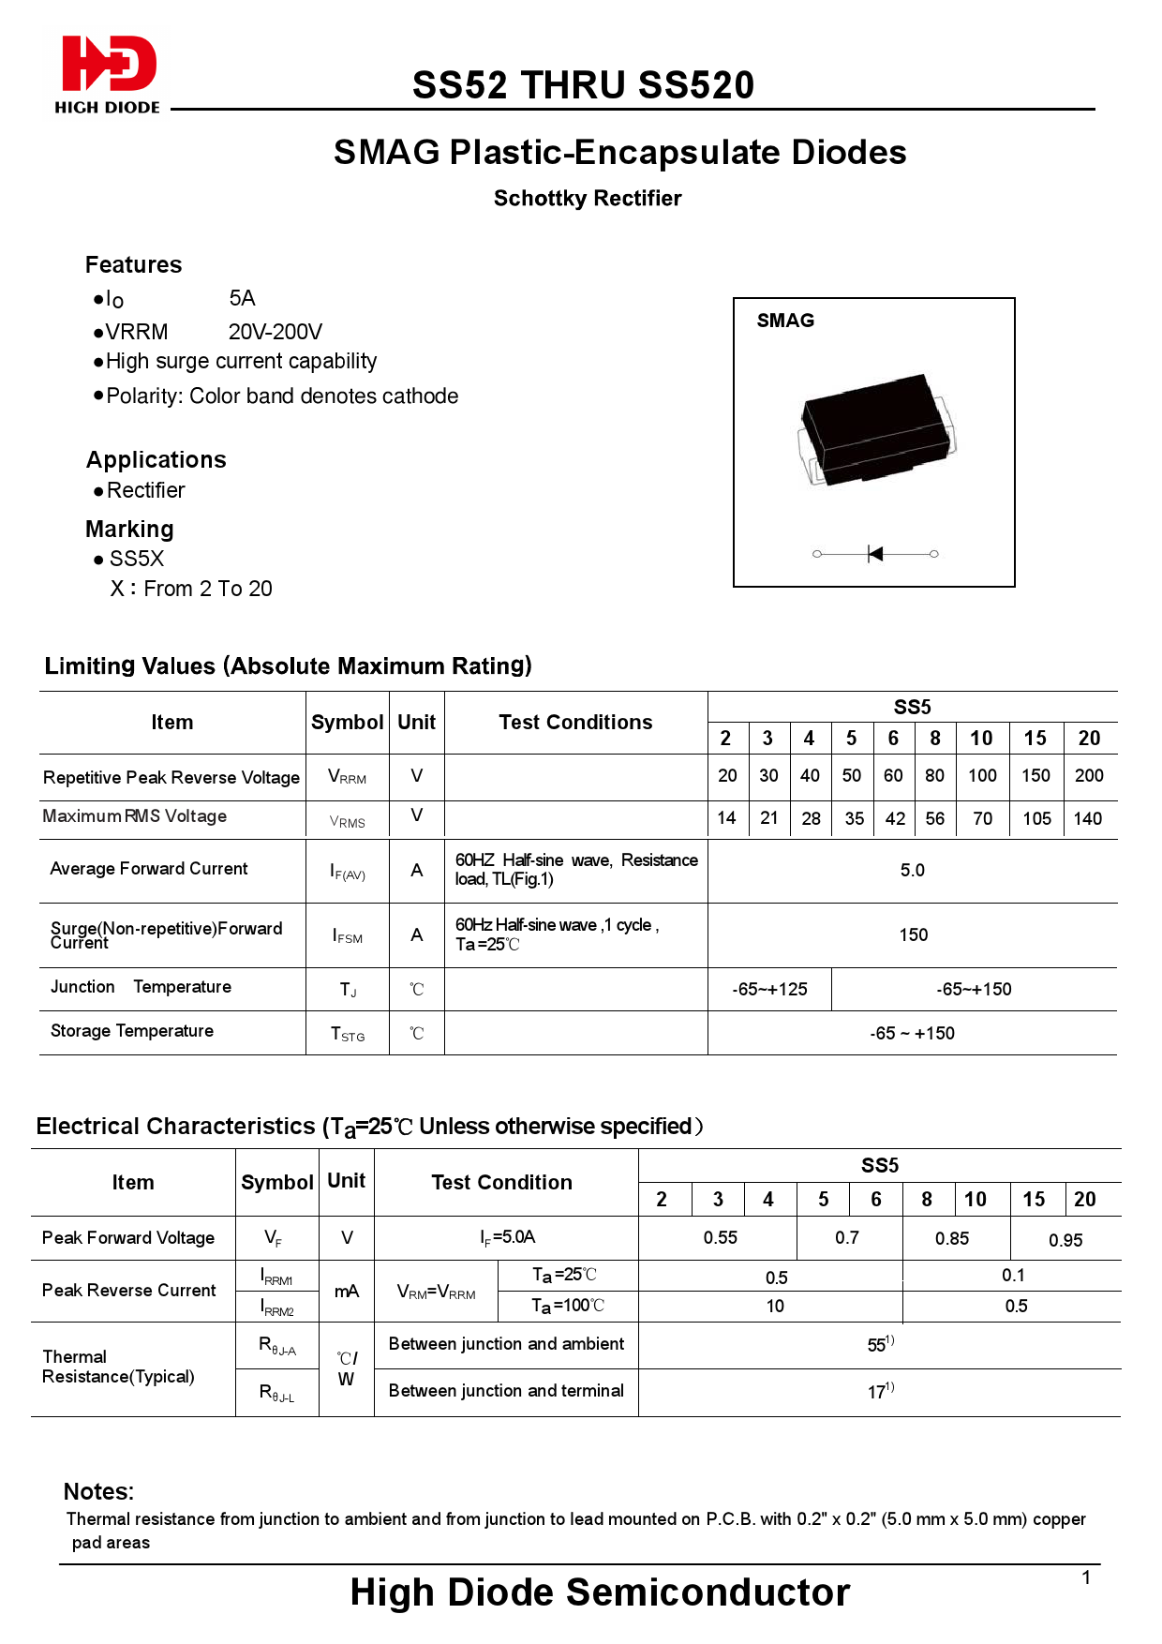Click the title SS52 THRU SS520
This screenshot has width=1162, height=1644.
pyautogui.click(x=583, y=85)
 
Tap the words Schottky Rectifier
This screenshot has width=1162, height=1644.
pyautogui.click(x=588, y=199)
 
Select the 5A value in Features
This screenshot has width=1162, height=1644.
pyautogui.click(x=242, y=298)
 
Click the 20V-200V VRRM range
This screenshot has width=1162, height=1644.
pyautogui.click(x=276, y=332)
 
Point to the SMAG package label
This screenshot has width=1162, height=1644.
pyautogui.click(x=785, y=321)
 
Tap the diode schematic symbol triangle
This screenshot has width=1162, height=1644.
pyautogui.click(x=875, y=554)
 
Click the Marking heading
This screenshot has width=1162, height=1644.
pyautogui.click(x=129, y=530)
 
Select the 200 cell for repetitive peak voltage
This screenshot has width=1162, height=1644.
pyautogui.click(x=1089, y=776)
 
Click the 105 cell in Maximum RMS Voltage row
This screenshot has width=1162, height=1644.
pyautogui.click(x=1036, y=819)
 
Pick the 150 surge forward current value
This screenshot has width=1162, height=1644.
pyautogui.click(x=913, y=935)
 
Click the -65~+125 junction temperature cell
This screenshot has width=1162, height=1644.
pyautogui.click(x=769, y=990)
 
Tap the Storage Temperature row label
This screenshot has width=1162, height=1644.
pyautogui.click(x=132, y=1031)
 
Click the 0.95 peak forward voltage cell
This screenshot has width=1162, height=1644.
pyautogui.click(x=1065, y=1240)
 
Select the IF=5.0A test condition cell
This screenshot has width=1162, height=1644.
pyautogui.click(x=507, y=1237)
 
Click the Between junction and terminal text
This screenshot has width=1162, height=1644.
pyautogui.click(x=506, y=1391)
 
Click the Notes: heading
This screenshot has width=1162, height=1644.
pyautogui.click(x=98, y=1492)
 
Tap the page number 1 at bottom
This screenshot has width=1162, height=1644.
pyautogui.click(x=1086, y=1578)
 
